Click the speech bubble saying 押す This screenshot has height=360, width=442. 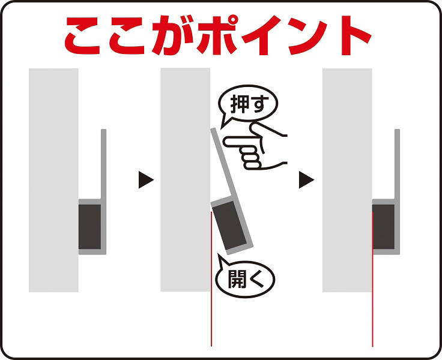247,103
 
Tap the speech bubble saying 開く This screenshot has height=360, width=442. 244,279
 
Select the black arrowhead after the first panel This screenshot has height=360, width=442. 146,179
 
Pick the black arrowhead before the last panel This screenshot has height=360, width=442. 306,179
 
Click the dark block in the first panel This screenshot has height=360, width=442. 89,227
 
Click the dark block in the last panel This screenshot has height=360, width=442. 383,227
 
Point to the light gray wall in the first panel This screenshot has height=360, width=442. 53,180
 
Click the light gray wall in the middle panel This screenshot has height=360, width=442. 185,180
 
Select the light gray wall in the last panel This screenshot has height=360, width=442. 347,180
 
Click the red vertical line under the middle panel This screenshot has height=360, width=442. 211,279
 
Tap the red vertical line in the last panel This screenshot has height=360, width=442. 372,279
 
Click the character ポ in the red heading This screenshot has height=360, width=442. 217,35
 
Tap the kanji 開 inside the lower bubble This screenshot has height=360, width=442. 237,279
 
